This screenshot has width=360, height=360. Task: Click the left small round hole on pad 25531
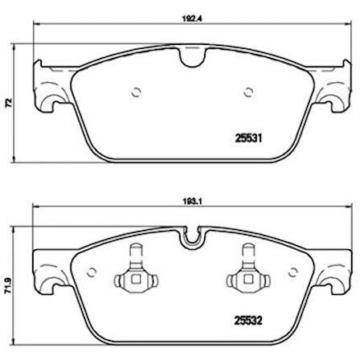click(136, 90)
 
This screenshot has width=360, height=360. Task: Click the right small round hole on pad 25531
click(247, 90)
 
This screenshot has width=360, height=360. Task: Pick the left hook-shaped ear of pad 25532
click(49, 280)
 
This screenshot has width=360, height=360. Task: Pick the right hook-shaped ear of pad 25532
click(333, 280)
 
